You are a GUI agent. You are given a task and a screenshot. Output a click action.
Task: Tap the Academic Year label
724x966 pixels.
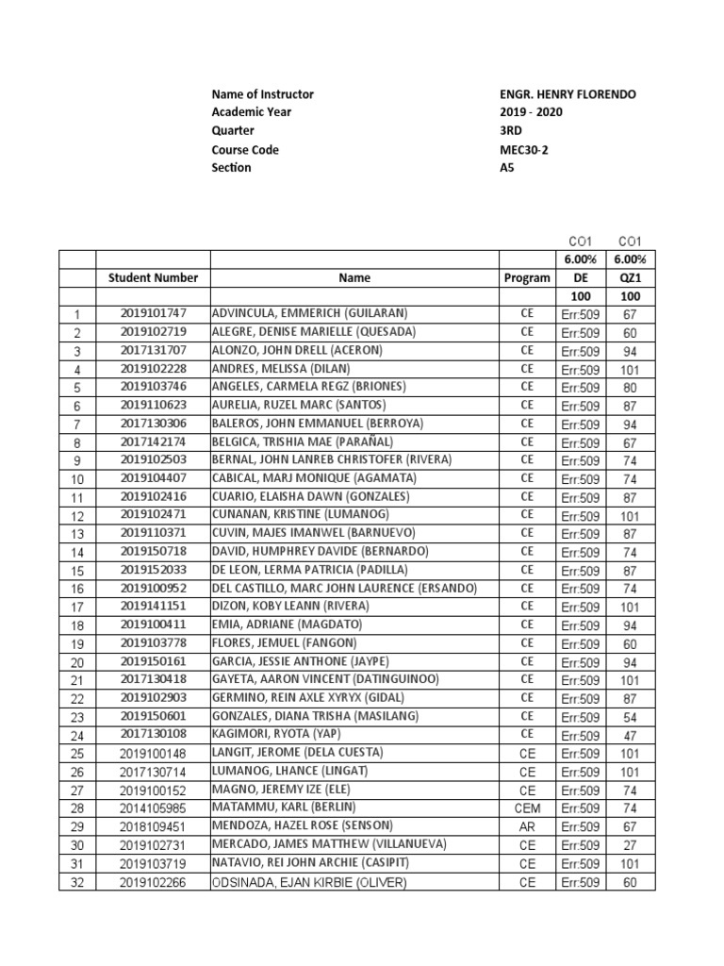(x=252, y=112)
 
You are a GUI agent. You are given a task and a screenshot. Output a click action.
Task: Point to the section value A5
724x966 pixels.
(x=507, y=167)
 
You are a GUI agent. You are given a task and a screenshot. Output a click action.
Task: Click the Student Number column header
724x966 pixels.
(x=153, y=277)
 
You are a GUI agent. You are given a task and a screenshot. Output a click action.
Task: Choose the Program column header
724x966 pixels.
(x=526, y=277)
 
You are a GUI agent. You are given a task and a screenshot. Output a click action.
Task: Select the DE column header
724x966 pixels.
(x=581, y=277)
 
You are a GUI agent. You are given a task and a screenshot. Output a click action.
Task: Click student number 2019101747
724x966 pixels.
(x=153, y=313)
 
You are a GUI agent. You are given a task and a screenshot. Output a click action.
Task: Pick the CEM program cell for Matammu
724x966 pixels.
(x=526, y=808)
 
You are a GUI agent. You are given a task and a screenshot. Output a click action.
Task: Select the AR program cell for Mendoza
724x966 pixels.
(x=526, y=825)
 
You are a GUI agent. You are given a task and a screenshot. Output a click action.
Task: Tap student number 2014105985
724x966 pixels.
(x=153, y=808)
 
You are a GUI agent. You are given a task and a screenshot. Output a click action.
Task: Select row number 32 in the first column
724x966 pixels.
(x=77, y=882)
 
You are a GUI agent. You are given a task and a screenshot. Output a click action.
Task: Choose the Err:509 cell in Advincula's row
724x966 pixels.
(x=581, y=314)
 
